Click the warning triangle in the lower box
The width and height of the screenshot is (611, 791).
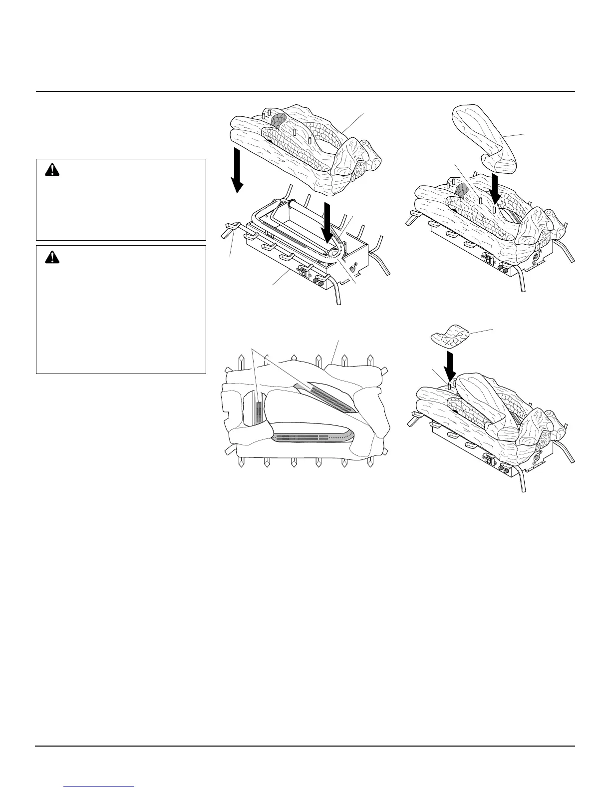[51, 257]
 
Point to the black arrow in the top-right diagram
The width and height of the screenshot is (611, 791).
[494, 188]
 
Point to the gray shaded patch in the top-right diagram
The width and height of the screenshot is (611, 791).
[462, 189]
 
